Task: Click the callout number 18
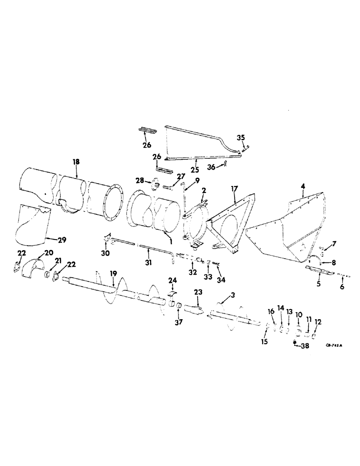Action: [x=76, y=161]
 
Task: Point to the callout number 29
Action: [x=62, y=240]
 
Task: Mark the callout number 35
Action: [x=241, y=137]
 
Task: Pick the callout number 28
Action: [x=139, y=180]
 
